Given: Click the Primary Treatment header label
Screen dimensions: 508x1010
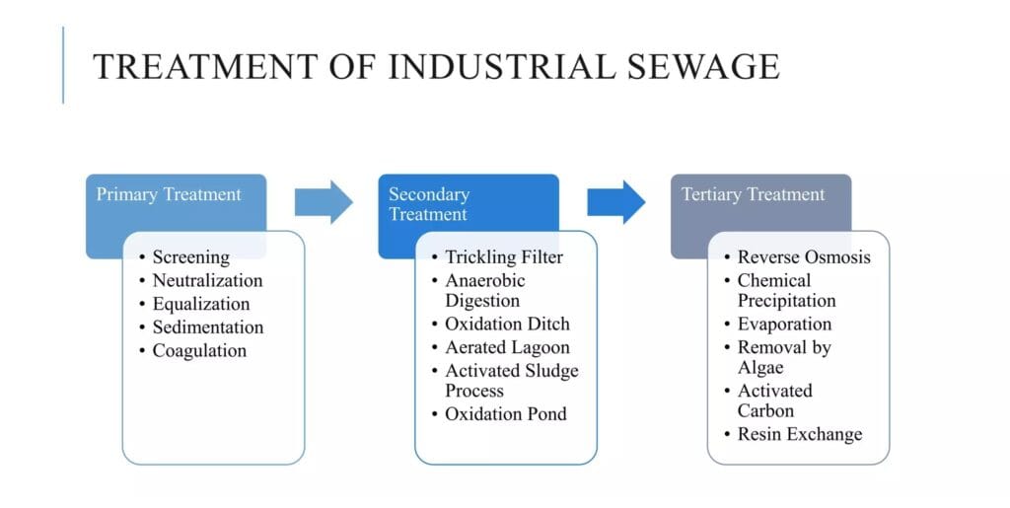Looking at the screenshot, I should [x=168, y=194].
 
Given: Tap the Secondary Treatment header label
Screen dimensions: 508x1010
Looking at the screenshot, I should [x=429, y=203].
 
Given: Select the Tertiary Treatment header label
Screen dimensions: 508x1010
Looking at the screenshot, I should [x=753, y=194].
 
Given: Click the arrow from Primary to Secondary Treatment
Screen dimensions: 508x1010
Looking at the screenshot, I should [x=324, y=202].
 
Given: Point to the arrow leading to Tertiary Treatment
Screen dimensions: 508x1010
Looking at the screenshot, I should [x=616, y=202].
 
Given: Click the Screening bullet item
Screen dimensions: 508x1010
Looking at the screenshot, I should [x=190, y=257].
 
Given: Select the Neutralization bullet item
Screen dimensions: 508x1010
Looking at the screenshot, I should [x=207, y=280].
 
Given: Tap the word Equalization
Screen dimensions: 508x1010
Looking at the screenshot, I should [x=201, y=304].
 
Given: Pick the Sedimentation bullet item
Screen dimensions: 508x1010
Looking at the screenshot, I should [x=207, y=327].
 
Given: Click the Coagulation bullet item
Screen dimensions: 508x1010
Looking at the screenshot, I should [x=199, y=350].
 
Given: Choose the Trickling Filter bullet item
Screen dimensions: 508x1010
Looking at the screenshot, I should [x=503, y=257].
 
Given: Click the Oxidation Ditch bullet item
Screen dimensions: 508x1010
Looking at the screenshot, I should [x=507, y=324].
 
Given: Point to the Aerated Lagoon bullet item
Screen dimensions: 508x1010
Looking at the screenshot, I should [x=507, y=347].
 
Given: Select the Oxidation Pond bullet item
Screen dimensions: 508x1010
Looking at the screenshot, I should [x=505, y=414].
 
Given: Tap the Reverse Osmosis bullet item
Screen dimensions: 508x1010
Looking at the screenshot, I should [x=804, y=257].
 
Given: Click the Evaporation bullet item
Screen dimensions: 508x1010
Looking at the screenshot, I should [x=784, y=324].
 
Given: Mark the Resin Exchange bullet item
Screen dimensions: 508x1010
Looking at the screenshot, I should [x=799, y=434].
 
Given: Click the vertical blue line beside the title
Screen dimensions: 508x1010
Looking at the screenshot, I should [x=63, y=65].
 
